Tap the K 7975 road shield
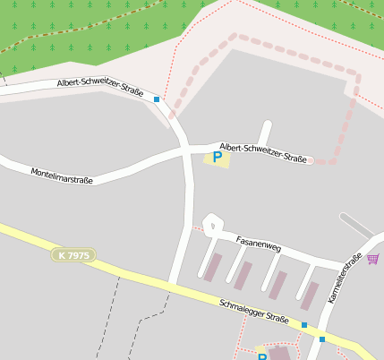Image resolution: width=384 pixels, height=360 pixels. pos(73,255)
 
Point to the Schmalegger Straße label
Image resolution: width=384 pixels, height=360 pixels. pos(254,312)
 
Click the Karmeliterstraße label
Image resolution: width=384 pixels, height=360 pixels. pos(345,279)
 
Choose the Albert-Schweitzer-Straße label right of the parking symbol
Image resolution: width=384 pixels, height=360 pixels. pos(263,152)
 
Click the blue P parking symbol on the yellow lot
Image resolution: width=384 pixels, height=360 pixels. pos(217,158)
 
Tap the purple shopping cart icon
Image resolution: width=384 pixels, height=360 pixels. pos(372,259)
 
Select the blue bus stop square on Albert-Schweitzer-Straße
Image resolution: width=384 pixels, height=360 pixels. pos(157,99)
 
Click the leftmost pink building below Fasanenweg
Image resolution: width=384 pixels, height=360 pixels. pos(212,267)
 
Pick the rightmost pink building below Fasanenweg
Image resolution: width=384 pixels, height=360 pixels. pos(310,295)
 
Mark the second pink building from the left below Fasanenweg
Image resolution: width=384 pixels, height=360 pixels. pos(243,275)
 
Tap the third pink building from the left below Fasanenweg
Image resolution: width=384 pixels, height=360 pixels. pos(278,285)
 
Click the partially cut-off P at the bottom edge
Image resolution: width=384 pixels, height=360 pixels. pos(262,356)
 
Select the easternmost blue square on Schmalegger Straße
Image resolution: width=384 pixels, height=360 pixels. pos(322,339)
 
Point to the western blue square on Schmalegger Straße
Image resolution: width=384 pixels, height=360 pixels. pos(304,324)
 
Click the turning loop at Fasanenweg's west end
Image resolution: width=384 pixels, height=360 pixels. pos(211,223)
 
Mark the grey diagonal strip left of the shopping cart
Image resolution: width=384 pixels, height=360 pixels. pos(356,225)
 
